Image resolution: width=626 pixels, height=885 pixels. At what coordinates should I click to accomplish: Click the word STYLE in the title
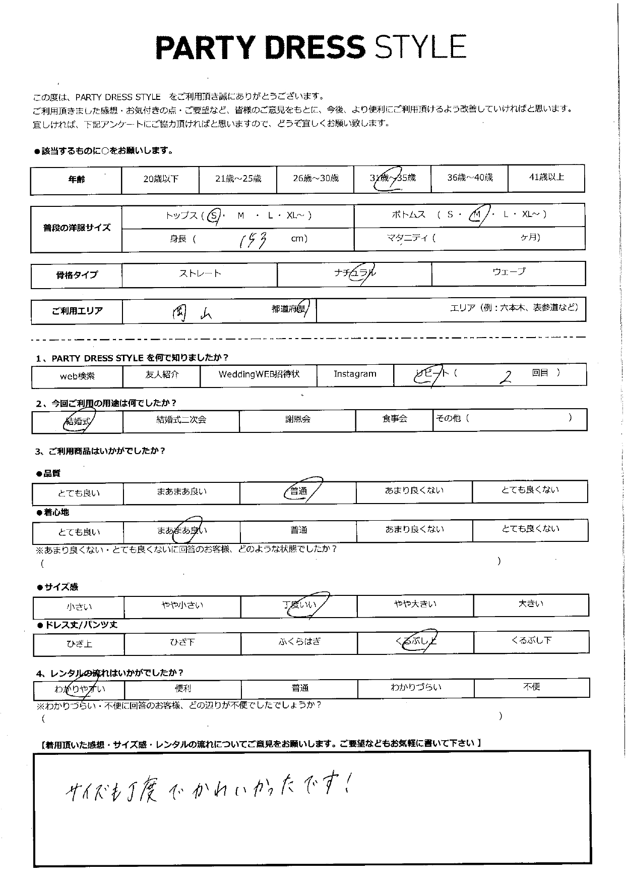point(420,48)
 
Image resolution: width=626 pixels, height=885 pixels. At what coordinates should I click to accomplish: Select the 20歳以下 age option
point(160,179)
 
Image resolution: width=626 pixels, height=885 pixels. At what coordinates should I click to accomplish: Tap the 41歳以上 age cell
point(546,177)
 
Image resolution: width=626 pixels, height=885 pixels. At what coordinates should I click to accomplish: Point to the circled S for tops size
point(214,215)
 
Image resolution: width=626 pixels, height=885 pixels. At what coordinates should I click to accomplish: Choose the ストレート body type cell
point(200,273)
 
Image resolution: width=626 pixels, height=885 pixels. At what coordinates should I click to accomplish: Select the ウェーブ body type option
point(509,272)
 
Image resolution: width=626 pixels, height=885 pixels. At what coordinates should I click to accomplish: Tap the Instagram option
point(355,374)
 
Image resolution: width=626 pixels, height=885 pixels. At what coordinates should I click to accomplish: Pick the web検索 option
point(77,376)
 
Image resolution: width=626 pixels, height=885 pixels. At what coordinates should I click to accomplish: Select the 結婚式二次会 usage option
point(181,419)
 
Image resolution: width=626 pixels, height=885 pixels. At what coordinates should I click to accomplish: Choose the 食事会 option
point(394,418)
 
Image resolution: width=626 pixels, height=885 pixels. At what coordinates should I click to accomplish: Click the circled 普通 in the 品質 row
point(299,491)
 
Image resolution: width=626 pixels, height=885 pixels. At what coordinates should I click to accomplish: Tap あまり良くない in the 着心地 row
point(414,529)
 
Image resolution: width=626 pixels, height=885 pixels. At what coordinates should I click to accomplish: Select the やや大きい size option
point(415,604)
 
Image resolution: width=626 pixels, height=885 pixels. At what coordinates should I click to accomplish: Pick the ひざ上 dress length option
point(79,644)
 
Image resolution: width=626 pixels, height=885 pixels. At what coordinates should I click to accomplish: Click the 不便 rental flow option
point(531,687)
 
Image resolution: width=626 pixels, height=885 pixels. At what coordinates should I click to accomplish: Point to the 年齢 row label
point(76,179)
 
